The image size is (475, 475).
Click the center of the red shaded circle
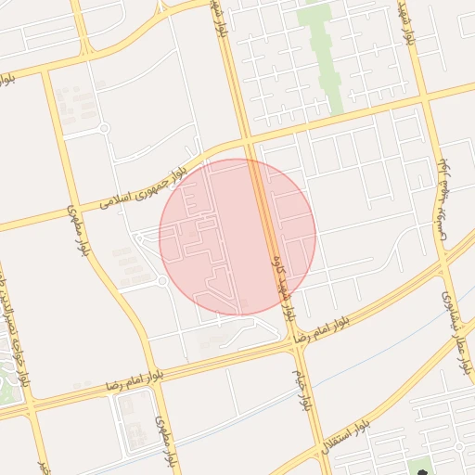(237, 237)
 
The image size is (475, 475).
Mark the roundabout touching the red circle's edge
(161, 281)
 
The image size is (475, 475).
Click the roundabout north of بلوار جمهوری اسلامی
(104, 128)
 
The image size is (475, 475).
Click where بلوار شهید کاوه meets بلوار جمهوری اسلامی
(249, 142)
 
